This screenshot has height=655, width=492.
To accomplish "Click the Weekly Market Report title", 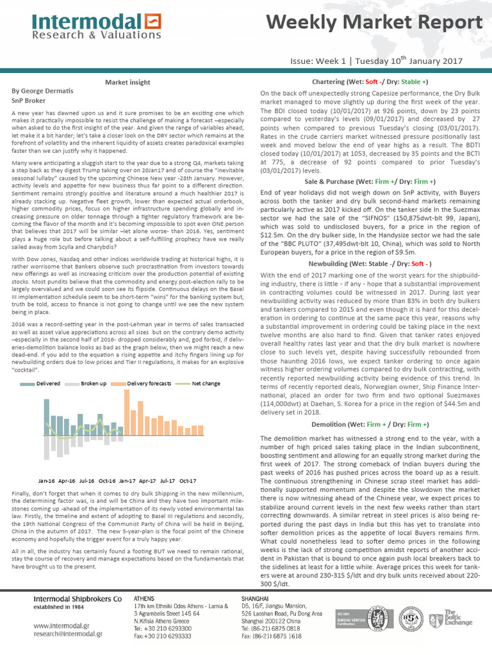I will (375, 24).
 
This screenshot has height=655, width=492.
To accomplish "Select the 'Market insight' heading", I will (127, 83).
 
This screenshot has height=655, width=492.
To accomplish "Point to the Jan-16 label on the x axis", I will (47, 480).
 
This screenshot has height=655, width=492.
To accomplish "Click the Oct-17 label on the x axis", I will (188, 480).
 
